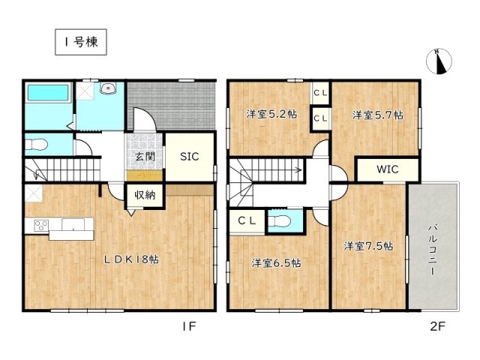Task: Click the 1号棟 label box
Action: coord(79,43)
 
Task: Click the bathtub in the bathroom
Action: coord(47,95)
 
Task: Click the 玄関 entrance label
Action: coord(145,156)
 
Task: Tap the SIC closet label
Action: coord(189,157)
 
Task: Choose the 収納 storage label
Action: coord(145,195)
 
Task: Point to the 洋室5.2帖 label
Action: coord(271,115)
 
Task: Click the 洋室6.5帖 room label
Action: coord(276,263)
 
